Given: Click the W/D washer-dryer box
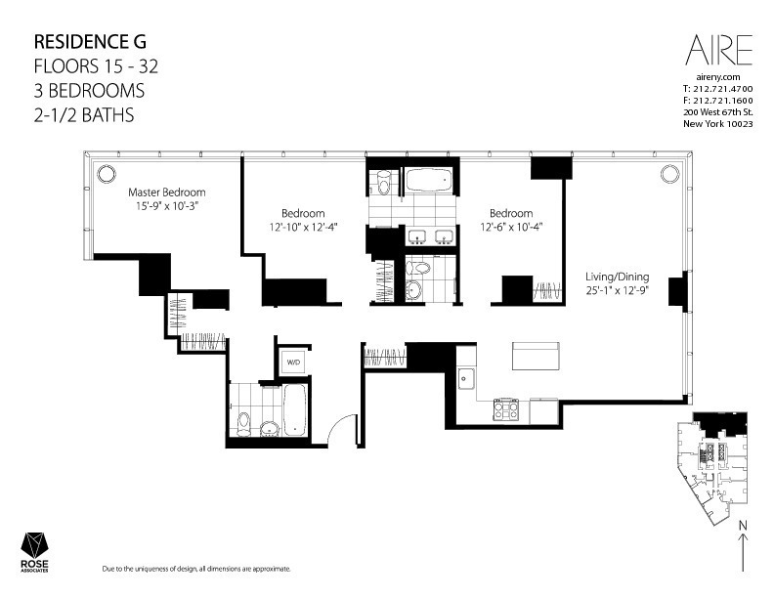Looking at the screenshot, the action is (293, 363).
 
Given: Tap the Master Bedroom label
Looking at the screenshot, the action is (167, 192).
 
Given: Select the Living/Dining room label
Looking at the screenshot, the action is (617, 277).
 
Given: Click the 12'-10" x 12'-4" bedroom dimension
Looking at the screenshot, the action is (303, 227).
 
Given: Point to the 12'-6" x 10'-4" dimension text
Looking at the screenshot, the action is (511, 227).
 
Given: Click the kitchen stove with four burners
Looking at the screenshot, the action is (506, 409).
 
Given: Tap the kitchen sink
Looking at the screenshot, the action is (466, 379).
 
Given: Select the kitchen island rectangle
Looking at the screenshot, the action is (536, 356).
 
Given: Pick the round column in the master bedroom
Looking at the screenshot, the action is (107, 174).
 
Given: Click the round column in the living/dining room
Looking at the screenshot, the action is (669, 174).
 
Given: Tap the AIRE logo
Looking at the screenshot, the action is (718, 50).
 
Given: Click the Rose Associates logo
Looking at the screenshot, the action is (34, 552).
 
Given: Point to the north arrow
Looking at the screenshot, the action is (743, 545).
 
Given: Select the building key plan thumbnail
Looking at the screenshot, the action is (711, 469).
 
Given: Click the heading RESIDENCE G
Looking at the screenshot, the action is (90, 42).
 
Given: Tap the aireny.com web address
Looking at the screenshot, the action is (717, 77).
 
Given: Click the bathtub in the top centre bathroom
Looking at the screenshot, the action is (428, 180).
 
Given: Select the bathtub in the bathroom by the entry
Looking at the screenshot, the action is (295, 409).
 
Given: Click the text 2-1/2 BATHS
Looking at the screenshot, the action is (84, 115).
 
